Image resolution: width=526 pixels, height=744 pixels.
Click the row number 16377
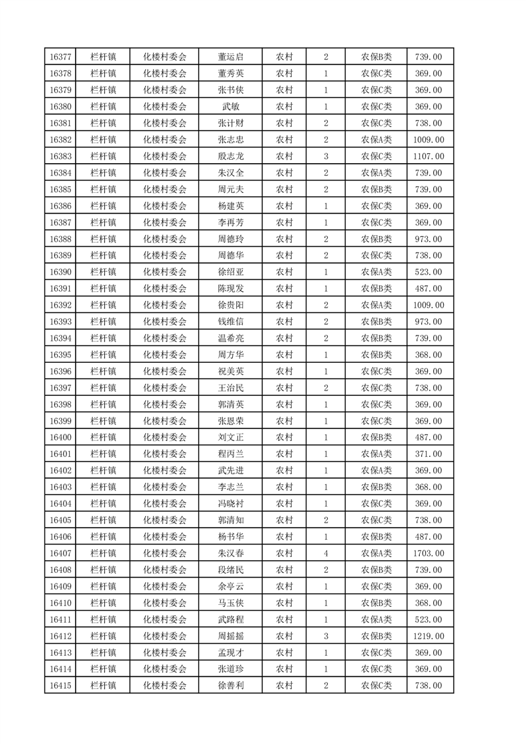point(60,57)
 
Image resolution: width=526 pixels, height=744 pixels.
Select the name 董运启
point(230,57)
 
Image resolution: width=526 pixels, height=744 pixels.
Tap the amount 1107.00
point(428,156)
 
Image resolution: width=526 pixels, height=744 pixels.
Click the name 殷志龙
point(230,156)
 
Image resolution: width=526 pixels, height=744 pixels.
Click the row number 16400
point(60,438)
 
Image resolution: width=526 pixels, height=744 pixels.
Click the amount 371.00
point(428,454)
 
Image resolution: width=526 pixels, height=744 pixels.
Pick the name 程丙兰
point(230,454)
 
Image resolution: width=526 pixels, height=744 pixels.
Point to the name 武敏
point(230,107)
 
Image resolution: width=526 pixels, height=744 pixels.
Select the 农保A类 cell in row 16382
point(376,140)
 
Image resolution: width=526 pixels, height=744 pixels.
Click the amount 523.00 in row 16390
point(428,273)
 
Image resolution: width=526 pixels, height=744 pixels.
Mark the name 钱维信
point(230,322)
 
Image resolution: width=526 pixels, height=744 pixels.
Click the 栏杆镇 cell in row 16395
point(103,355)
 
